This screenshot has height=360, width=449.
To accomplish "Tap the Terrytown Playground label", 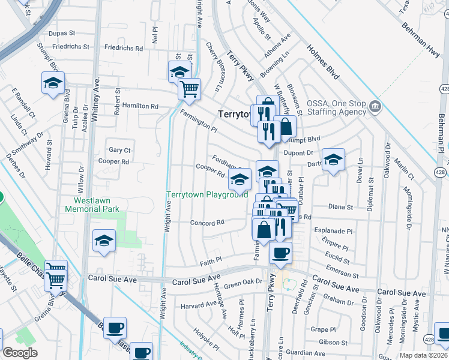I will point(207,195).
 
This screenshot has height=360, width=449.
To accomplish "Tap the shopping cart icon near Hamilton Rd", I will point(189,90).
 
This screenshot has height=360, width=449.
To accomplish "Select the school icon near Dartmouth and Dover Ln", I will point(333,160).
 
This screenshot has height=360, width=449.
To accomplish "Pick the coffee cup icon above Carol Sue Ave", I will point(280,253).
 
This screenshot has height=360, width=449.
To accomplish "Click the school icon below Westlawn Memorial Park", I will point(104,242).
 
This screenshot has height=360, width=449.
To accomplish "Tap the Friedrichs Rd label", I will point(123,48).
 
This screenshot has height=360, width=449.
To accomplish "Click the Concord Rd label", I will point(207,222).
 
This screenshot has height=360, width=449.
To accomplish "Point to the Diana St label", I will point(341,207).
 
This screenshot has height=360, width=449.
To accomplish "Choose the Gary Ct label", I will point(119,150).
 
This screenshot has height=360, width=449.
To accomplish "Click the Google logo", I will point(20,353).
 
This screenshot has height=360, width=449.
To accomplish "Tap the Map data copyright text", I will point(423,355).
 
